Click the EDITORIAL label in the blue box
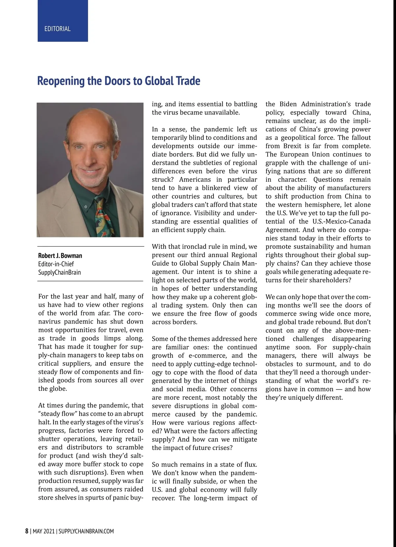(x=57, y=29)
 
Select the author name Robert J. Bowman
(x=60, y=256)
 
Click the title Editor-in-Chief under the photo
(x=56, y=264)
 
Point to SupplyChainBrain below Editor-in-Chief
(x=59, y=272)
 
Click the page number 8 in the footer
(x=27, y=531)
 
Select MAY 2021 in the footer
(x=43, y=531)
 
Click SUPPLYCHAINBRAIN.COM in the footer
(x=86, y=531)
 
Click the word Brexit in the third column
(x=292, y=146)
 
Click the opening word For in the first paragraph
(x=44, y=296)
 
